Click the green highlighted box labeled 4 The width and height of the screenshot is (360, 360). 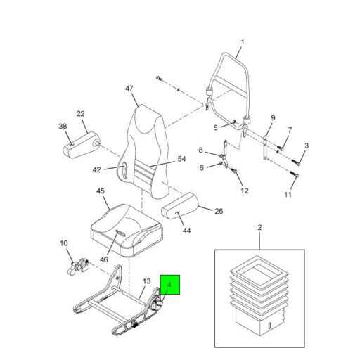coord(171,285)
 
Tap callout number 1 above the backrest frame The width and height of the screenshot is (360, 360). coord(240,41)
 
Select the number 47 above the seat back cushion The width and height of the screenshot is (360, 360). coord(129,89)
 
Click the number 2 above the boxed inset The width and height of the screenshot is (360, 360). coord(259,228)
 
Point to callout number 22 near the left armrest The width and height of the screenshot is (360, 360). coord(81,114)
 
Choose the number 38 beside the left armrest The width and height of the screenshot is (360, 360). coord(62,127)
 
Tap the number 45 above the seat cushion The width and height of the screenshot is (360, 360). coord(101,191)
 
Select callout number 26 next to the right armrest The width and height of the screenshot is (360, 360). coord(218,211)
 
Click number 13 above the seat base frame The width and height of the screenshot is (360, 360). coord(146,282)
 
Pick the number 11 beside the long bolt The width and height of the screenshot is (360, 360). coord(288,194)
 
